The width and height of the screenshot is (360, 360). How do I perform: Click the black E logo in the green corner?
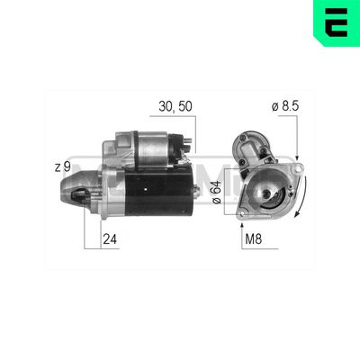click(x=336, y=22)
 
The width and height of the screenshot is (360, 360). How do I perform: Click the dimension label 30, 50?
click(x=175, y=106)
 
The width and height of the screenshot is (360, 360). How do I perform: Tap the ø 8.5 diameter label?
click(x=285, y=106)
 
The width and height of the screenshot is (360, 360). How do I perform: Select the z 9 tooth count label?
click(x=62, y=167)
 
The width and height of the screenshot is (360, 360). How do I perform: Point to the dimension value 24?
click(x=110, y=239)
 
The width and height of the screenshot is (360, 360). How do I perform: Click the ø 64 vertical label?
click(x=217, y=193)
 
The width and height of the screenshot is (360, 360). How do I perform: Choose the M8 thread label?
click(x=254, y=239)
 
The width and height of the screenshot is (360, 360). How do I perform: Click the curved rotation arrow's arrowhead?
click(x=298, y=213)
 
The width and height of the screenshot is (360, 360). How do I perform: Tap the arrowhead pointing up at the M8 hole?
click(x=242, y=226)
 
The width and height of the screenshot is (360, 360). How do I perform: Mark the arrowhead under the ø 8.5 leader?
click(x=297, y=157)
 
